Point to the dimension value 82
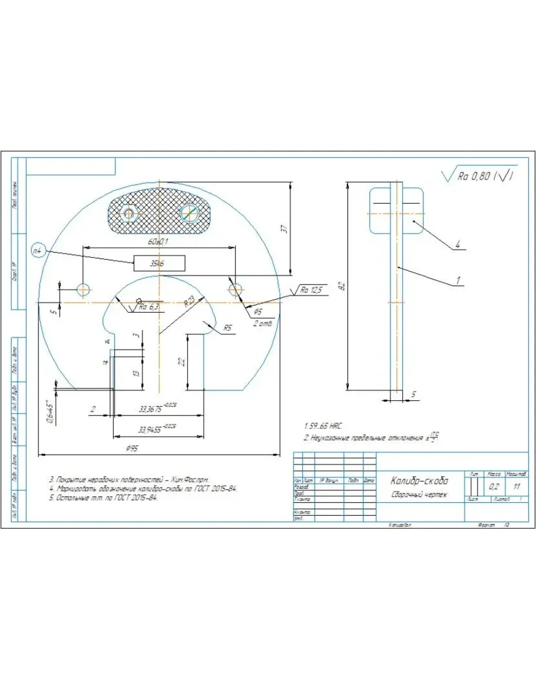point(340,287)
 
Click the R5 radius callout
point(227,328)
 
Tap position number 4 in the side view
point(457,243)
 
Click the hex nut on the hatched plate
point(129,212)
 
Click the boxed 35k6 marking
point(159,264)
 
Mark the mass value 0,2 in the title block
point(494,487)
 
